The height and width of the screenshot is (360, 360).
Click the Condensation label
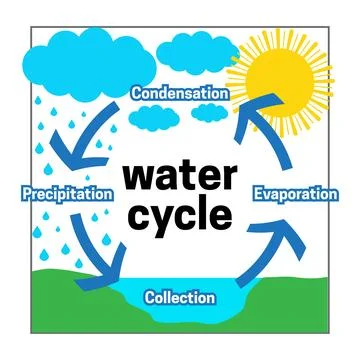179,92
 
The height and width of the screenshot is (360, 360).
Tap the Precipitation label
66,192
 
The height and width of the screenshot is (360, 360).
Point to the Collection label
179,297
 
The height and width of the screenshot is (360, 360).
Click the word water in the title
178,177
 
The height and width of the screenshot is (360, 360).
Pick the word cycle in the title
179,214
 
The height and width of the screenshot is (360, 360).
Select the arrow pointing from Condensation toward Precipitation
85,140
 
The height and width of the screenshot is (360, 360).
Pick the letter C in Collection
150,297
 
